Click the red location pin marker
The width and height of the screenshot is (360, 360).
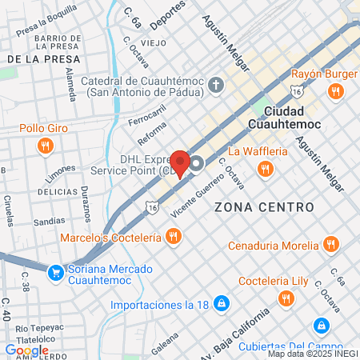(181, 162)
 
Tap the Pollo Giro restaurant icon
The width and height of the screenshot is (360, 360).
(45, 146)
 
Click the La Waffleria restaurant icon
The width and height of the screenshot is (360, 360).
(265, 168)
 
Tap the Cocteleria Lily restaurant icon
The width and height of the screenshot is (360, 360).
(286, 298)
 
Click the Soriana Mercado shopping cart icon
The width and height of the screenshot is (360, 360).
(55, 273)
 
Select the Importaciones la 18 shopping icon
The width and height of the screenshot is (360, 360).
(222, 304)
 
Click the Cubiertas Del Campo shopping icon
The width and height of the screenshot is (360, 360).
(321, 326)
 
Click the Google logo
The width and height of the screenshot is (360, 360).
(27, 350)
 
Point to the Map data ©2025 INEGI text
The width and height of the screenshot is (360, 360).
(311, 354)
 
